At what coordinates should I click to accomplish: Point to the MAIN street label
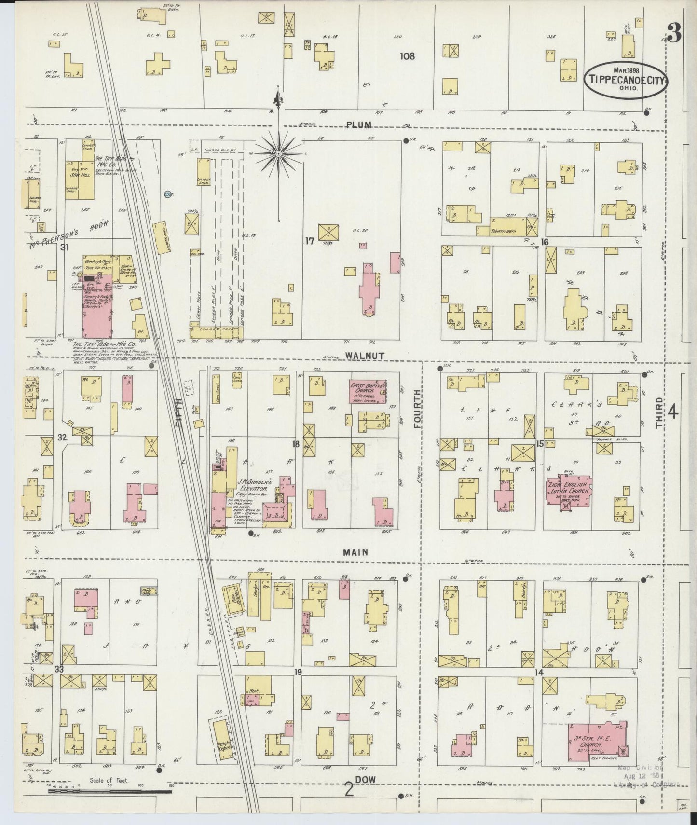(x=356, y=552)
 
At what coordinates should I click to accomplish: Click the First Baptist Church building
(x=367, y=391)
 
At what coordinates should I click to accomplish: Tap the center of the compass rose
(x=278, y=153)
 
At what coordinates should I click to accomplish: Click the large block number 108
(x=407, y=56)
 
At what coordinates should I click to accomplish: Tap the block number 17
(x=309, y=240)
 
